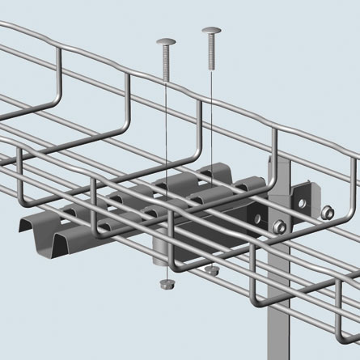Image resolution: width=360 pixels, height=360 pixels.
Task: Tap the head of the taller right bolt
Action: (210, 33)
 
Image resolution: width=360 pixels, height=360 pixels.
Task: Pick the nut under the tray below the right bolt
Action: (211, 269)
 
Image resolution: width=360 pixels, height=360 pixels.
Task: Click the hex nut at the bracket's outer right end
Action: (328, 213)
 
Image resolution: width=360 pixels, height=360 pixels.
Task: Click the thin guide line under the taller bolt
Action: (211, 162)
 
